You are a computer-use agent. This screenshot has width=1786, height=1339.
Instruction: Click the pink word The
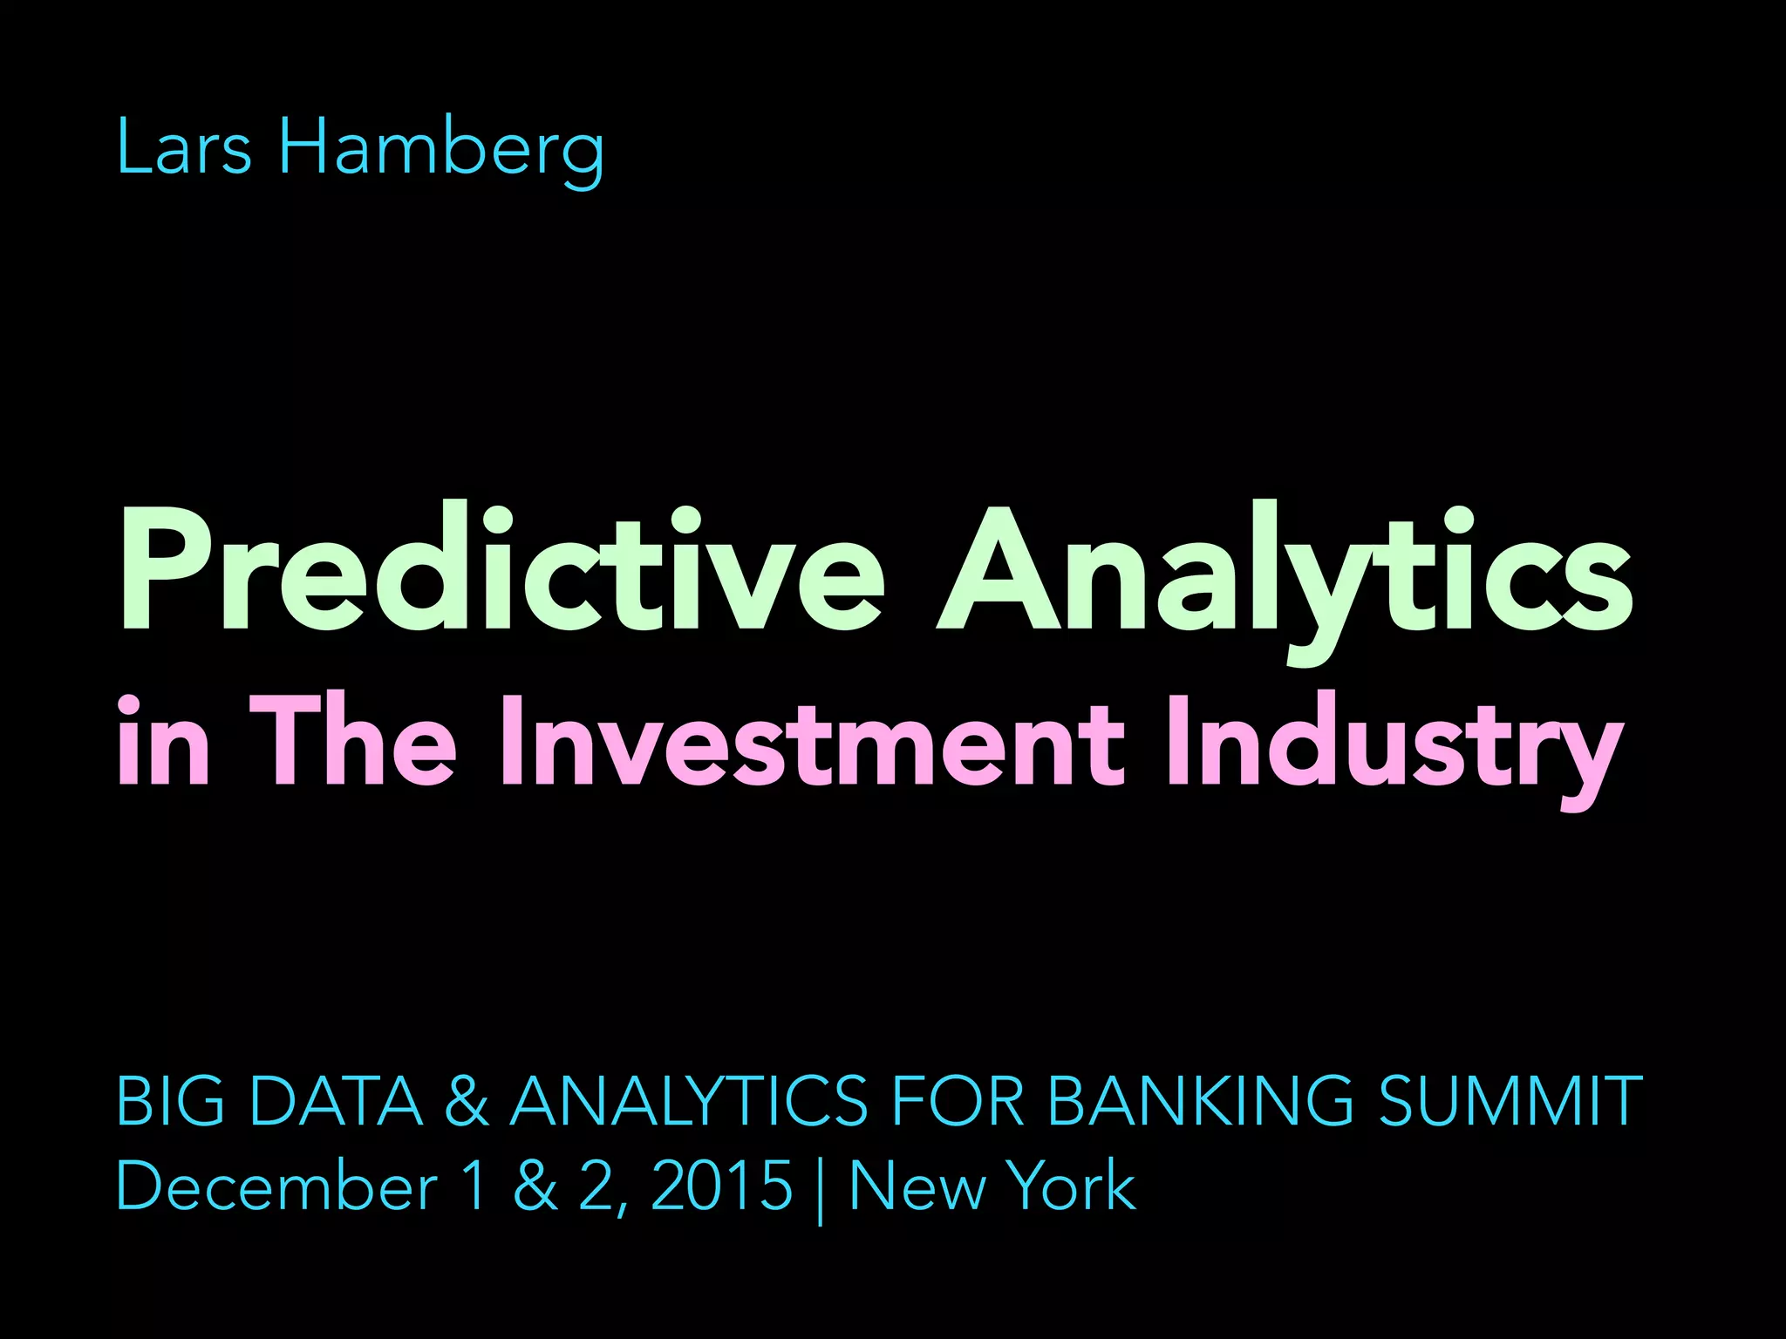coord(352,741)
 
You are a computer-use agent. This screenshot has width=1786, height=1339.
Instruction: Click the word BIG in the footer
coord(170,1100)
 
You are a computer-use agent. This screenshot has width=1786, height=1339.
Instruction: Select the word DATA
coord(336,1100)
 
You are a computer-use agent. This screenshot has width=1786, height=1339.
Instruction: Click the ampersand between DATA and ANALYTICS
coord(467,1100)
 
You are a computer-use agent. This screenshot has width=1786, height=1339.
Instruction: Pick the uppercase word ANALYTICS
coord(689,1100)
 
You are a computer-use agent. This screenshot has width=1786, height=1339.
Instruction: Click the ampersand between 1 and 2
coord(535,1186)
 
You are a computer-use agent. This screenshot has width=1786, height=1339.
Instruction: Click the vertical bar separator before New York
coord(821,1189)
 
